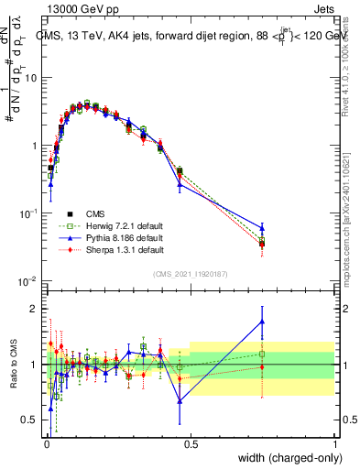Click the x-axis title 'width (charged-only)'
pyautogui.click(x=285, y=459)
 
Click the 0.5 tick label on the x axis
pyautogui.click(x=191, y=445)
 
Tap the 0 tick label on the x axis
pyautogui.click(x=47, y=445)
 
